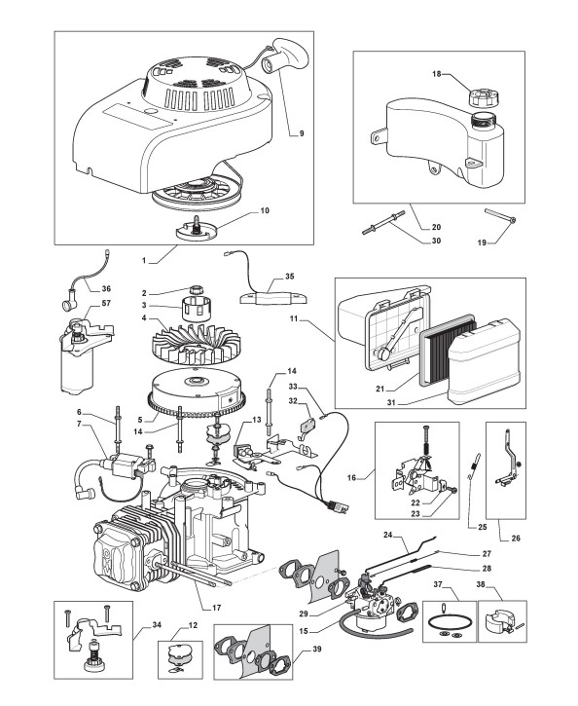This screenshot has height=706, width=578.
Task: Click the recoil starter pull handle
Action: pos(286,58)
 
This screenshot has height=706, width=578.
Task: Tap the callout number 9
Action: pos(302,133)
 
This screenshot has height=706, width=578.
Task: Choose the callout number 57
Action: pos(106,303)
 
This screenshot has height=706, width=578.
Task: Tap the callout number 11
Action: pos(294,319)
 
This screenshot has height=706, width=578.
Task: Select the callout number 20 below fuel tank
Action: pos(436,227)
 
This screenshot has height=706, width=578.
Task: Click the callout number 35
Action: pos(289,276)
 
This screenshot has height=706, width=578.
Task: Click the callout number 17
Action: pos(216,608)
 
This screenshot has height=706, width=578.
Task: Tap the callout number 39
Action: pos(316,650)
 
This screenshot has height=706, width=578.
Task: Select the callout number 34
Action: pos(157,624)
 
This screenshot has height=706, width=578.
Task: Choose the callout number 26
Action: pos(516,538)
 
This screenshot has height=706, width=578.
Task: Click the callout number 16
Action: pos(351,477)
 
